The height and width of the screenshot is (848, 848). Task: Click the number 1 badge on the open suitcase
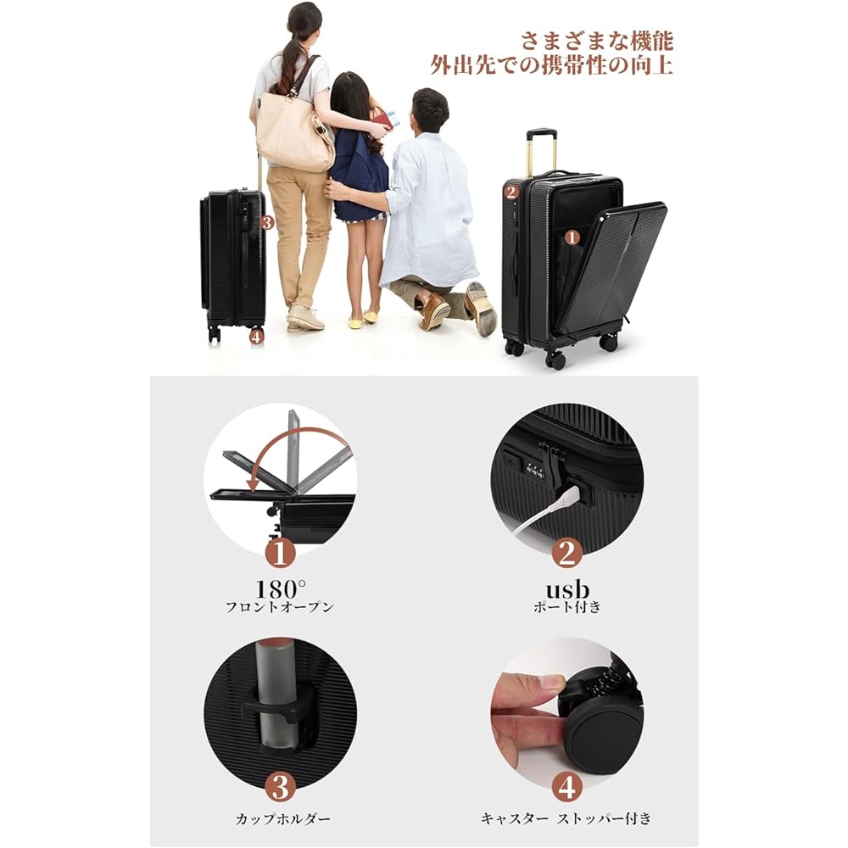pos(572,239)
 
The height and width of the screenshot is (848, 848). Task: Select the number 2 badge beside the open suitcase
pos(510,192)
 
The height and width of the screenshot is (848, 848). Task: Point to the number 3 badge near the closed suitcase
pos(266,223)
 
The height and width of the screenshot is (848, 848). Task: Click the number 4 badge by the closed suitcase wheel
pos(257,337)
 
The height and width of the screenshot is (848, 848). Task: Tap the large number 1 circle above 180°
pos(281,553)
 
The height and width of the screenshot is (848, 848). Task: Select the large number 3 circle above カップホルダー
pos(281,786)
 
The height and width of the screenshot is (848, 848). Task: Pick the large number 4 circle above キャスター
pos(566,786)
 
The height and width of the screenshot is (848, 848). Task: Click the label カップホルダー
pos(283,819)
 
